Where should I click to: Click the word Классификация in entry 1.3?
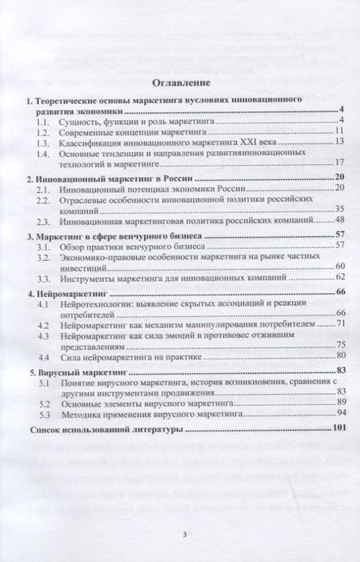coord(96,142)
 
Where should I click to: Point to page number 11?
coord(338,130)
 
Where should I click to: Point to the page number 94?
coord(338,412)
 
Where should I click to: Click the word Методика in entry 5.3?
coord(83,412)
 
